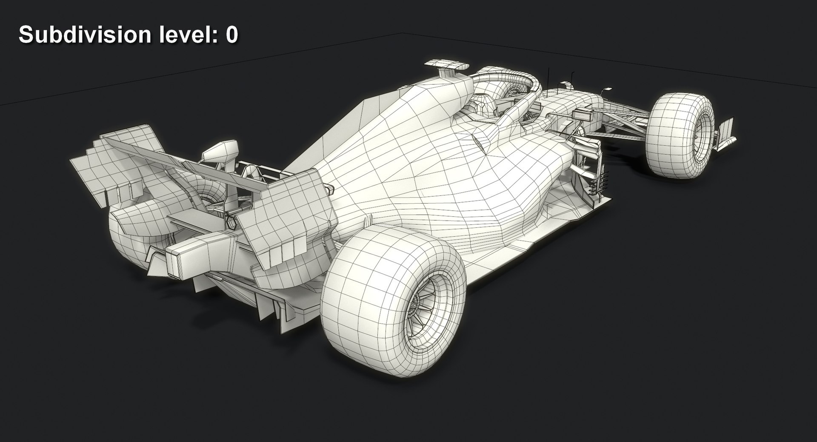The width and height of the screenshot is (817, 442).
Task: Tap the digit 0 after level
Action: [231, 34]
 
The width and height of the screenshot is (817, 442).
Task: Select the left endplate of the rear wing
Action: [106, 166]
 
